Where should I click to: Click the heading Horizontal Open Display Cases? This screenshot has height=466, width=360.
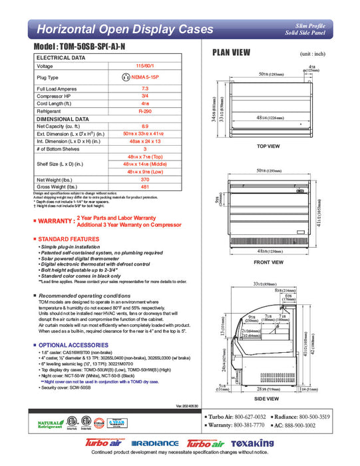pyautogui.click(x=124, y=29)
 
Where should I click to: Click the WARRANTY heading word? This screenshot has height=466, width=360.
pyautogui.click(x=55, y=221)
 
